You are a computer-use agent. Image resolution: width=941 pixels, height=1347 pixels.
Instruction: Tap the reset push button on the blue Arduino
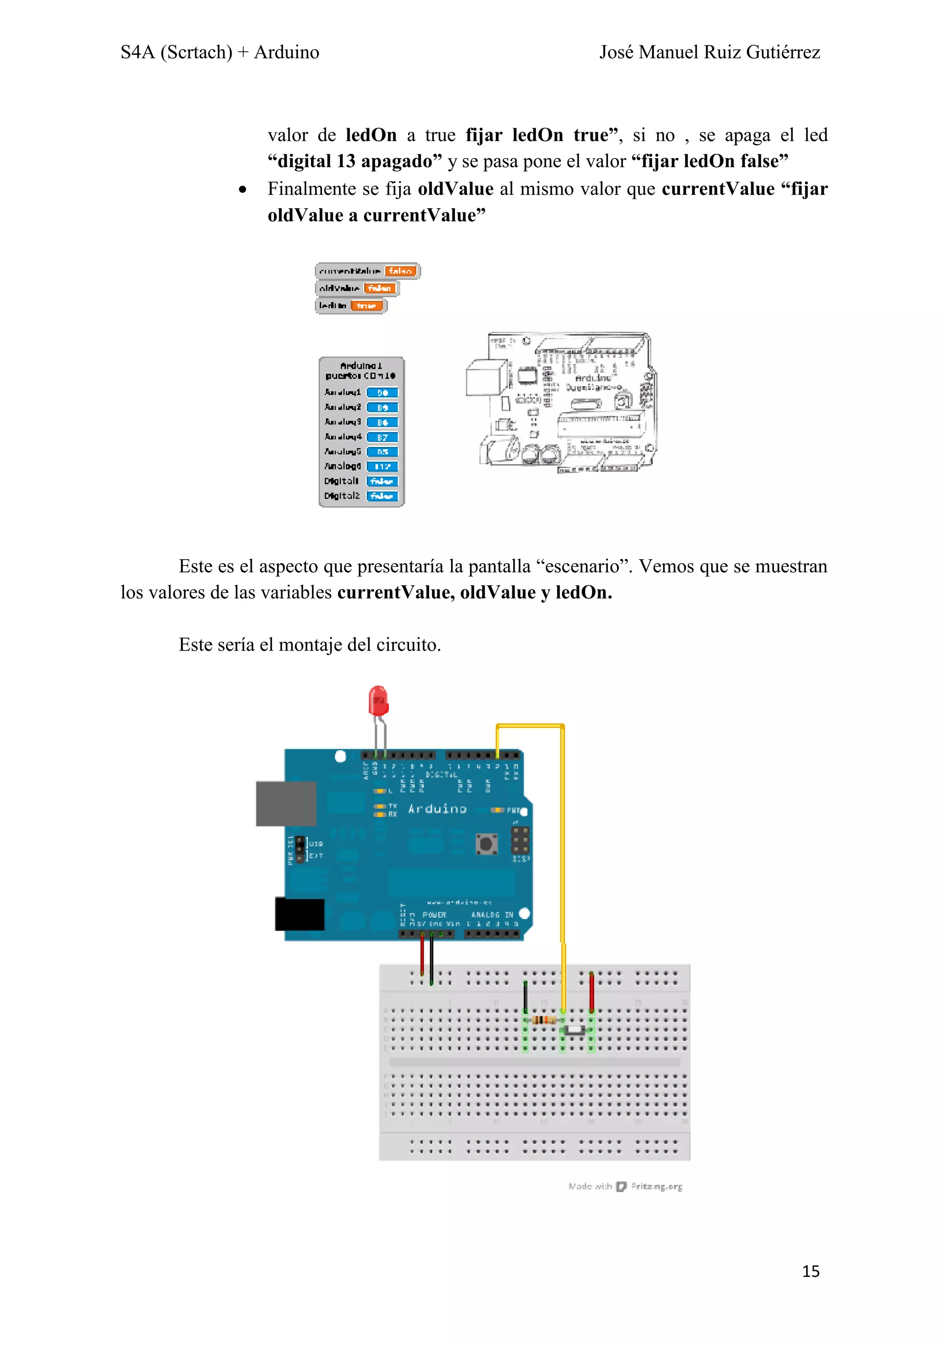[x=486, y=844]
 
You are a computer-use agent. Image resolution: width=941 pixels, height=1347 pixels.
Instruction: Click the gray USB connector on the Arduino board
[x=286, y=803]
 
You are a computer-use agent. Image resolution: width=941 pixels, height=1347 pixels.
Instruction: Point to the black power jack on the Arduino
[x=299, y=914]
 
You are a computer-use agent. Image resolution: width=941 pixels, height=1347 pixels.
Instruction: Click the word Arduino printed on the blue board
[x=437, y=809]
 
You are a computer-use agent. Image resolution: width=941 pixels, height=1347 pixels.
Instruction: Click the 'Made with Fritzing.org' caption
[x=625, y=1186]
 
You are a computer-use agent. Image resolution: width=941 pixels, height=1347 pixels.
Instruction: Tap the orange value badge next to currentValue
[x=401, y=271]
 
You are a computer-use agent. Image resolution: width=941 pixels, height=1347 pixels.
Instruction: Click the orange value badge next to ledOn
[x=366, y=306]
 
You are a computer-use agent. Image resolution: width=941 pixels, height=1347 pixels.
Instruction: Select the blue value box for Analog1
[x=382, y=392]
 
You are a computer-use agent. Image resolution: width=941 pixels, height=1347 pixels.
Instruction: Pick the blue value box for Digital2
[x=382, y=496]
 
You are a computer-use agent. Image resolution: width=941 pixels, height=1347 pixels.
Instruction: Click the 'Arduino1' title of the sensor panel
[x=361, y=366]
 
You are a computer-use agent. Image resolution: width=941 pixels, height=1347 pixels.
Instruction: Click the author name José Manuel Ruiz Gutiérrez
[x=709, y=52]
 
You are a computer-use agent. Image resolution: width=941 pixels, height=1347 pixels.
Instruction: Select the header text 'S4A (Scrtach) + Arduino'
[x=220, y=52]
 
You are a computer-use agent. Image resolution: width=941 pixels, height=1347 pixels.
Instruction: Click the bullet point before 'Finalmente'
[x=242, y=189]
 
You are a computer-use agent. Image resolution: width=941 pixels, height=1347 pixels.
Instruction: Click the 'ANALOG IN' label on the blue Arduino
[x=492, y=915]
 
